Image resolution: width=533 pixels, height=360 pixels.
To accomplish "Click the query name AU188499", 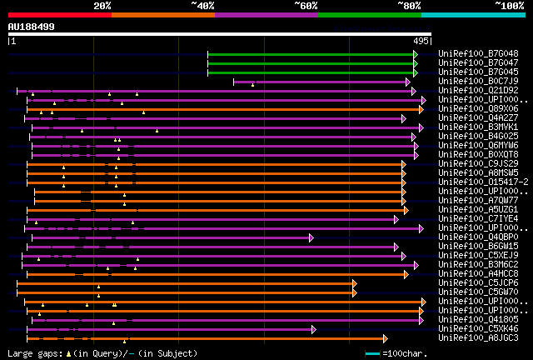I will click(32, 27).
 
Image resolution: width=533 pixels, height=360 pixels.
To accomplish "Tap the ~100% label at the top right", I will click(509, 5).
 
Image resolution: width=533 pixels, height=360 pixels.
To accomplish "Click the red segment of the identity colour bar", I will click(59, 14).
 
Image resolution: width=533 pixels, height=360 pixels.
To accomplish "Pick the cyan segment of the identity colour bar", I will click(472, 14).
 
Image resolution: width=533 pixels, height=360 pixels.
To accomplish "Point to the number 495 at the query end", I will click(421, 40).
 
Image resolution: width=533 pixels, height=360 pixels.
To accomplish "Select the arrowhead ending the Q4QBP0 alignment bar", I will click(311, 237).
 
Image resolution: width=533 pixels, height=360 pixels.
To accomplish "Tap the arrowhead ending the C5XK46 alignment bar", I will click(314, 329).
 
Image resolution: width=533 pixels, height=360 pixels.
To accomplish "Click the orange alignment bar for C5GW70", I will click(183, 292).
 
